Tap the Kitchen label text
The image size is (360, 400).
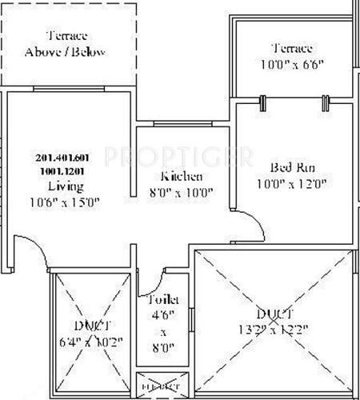[x=182, y=176]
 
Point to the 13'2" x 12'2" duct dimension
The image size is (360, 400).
[x=272, y=329]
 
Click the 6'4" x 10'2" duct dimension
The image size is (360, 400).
[x=86, y=341]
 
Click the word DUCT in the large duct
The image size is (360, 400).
[x=273, y=313]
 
